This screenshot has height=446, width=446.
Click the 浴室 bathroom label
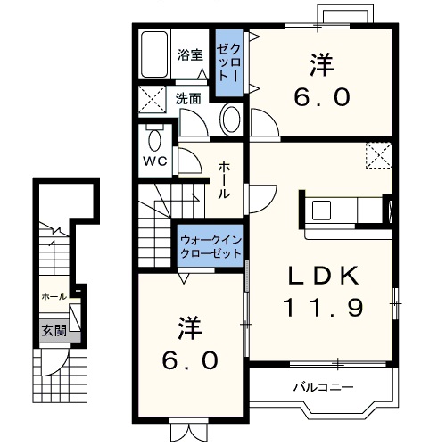point(190,55)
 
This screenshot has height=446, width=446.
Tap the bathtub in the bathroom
point(154,54)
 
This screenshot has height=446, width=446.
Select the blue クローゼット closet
point(229,63)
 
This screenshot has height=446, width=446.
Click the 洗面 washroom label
point(188,99)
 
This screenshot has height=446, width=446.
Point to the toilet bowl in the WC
point(154,140)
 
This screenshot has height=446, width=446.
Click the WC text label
point(155,161)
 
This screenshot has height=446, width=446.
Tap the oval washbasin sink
point(231,119)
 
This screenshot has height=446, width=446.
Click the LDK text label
point(323,277)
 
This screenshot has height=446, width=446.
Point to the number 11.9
point(323,308)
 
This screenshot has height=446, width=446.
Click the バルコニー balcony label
point(324,387)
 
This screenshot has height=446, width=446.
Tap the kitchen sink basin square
point(321,210)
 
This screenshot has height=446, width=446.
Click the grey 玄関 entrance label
point(54,330)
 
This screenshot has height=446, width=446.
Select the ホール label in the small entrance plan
point(54,296)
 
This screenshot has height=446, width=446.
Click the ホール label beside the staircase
point(224,180)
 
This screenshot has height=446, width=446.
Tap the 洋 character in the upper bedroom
point(322,64)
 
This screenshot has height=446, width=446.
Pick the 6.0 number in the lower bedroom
point(190,360)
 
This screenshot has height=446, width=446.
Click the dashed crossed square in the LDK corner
point(379,155)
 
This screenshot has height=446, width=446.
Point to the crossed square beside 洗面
point(153,99)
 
